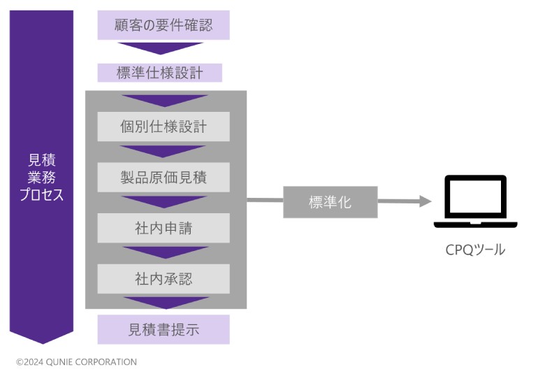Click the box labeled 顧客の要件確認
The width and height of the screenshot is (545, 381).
[x=163, y=26]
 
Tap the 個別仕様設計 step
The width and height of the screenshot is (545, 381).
[x=163, y=127]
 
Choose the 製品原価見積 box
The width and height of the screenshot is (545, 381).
[x=163, y=178]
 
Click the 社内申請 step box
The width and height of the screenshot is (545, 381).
[x=163, y=228]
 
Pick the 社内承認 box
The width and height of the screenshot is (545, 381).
[x=163, y=279]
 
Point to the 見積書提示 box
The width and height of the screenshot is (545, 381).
[x=163, y=329]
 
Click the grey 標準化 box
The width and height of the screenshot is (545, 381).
[x=330, y=203]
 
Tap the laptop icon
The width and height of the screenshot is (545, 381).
[x=475, y=202]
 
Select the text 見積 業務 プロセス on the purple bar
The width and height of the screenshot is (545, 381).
[x=42, y=178]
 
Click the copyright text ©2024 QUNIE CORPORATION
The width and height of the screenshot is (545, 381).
[x=77, y=362]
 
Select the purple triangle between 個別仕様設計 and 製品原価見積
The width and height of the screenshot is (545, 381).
[x=163, y=151]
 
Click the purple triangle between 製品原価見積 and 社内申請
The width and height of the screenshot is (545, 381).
[x=163, y=201]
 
